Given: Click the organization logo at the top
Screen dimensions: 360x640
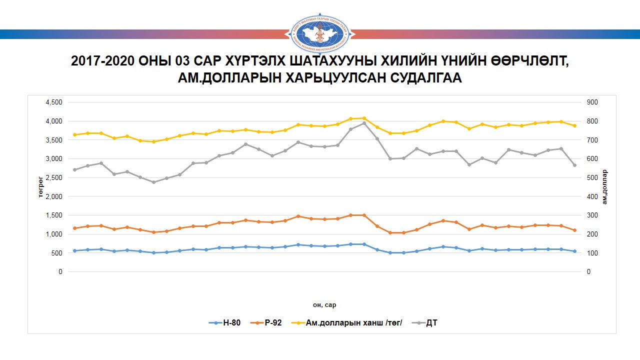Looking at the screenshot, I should (x=320, y=33).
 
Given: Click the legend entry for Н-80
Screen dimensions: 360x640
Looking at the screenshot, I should (x=224, y=323).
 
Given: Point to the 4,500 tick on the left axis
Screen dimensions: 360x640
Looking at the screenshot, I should (x=53, y=102).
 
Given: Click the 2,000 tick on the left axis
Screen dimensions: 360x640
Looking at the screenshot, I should (x=53, y=196).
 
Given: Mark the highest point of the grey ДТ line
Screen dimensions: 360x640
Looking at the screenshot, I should (x=364, y=123).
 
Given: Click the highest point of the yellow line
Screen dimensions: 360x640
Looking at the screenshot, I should (x=364, y=118).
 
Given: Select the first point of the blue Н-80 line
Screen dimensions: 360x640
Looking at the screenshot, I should (x=75, y=250).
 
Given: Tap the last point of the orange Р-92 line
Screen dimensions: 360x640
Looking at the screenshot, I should (x=574, y=230).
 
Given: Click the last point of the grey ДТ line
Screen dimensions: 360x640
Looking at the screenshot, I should (x=574, y=165).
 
